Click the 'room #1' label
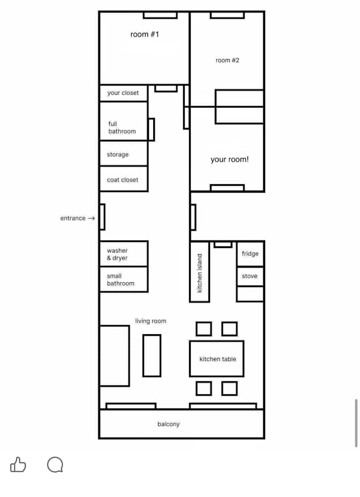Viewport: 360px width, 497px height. coord(144,34)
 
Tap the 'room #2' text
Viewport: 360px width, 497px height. coord(228,60)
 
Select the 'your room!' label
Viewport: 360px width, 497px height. coord(230,159)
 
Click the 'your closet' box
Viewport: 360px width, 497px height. coord(123,93)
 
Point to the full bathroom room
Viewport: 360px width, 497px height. coord(123,122)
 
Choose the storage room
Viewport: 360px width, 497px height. coord(123,153)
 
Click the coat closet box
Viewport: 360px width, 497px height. coord(123,179)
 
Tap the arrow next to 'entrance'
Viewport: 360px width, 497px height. coord(92,218)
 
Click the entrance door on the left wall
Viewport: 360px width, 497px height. coord(102,217)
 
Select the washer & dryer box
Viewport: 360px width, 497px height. coord(123,254)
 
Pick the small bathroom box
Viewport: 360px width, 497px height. coord(123,279)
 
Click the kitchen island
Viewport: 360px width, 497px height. coord(199,272)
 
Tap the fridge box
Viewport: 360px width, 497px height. coord(250,253)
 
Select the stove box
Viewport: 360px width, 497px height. coord(250,276)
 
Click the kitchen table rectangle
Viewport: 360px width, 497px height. coord(217,359)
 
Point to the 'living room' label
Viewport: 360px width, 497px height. coord(151,321)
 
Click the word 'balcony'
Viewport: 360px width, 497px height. coord(168,424)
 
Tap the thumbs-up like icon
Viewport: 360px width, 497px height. coord(18,465)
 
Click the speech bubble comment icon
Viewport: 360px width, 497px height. coord(55,465)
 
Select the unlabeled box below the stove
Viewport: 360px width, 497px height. coord(250,294)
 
